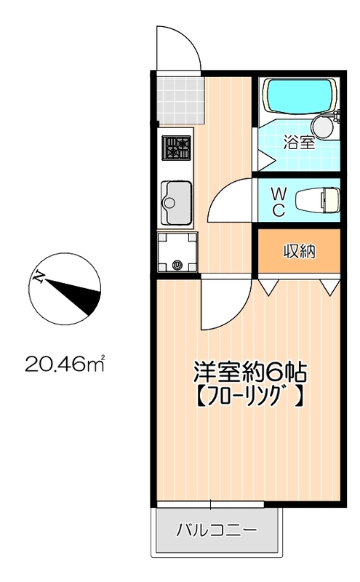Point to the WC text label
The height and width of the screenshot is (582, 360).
coord(279,201)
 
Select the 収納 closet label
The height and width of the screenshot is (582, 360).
coord(298,252)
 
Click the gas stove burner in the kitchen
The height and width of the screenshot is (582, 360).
coord(176,149)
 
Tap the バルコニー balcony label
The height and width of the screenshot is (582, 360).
coord(217,530)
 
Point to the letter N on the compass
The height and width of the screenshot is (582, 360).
coord(40,277)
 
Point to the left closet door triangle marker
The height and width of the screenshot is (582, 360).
coord(268,287)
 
